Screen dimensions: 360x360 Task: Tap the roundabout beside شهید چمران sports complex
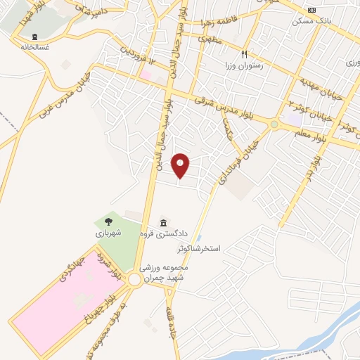click(x=134, y=280)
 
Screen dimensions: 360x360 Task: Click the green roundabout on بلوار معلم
click(x=274, y=124)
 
